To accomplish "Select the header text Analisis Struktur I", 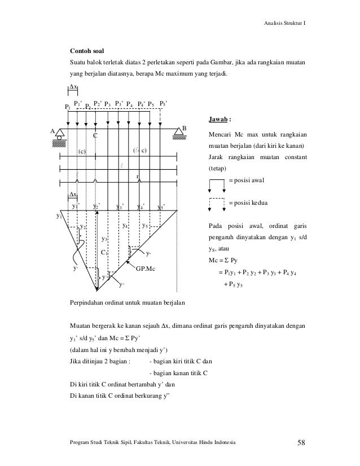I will click(x=286, y=23).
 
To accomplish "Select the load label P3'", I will click(x=120, y=103).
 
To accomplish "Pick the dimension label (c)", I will click(x=82, y=151).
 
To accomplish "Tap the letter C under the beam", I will click(x=95, y=136).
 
